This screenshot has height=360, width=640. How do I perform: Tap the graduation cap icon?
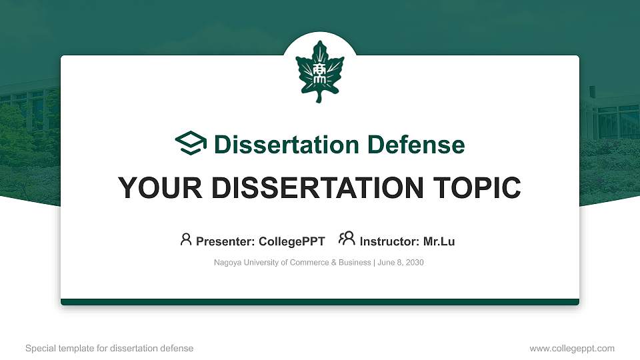tap(191, 143)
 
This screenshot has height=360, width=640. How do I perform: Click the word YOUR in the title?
tap(155, 188)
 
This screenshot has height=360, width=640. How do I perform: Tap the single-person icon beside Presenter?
tap(186, 239)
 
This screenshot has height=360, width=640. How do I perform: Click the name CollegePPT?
tap(293, 241)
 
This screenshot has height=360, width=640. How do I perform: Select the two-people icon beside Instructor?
tap(347, 239)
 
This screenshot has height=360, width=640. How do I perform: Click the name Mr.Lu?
tap(439, 241)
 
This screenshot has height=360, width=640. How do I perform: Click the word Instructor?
tap(389, 241)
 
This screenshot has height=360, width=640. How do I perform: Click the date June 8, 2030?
tap(401, 263)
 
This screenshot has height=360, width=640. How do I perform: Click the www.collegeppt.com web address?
tap(572, 348)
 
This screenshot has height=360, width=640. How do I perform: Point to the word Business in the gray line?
tap(355, 263)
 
